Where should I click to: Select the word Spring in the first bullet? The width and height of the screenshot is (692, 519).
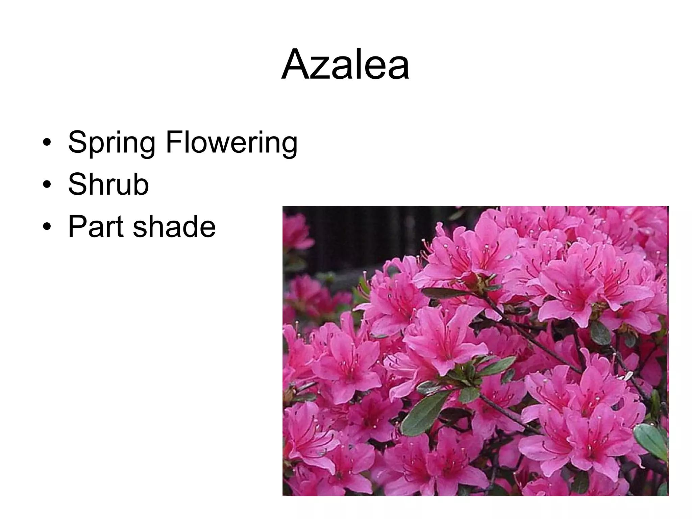(x=112, y=142)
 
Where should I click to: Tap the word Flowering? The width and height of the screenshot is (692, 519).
(x=231, y=142)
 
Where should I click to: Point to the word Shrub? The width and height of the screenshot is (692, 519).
(x=108, y=184)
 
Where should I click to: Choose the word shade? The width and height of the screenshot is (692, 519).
(x=174, y=227)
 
